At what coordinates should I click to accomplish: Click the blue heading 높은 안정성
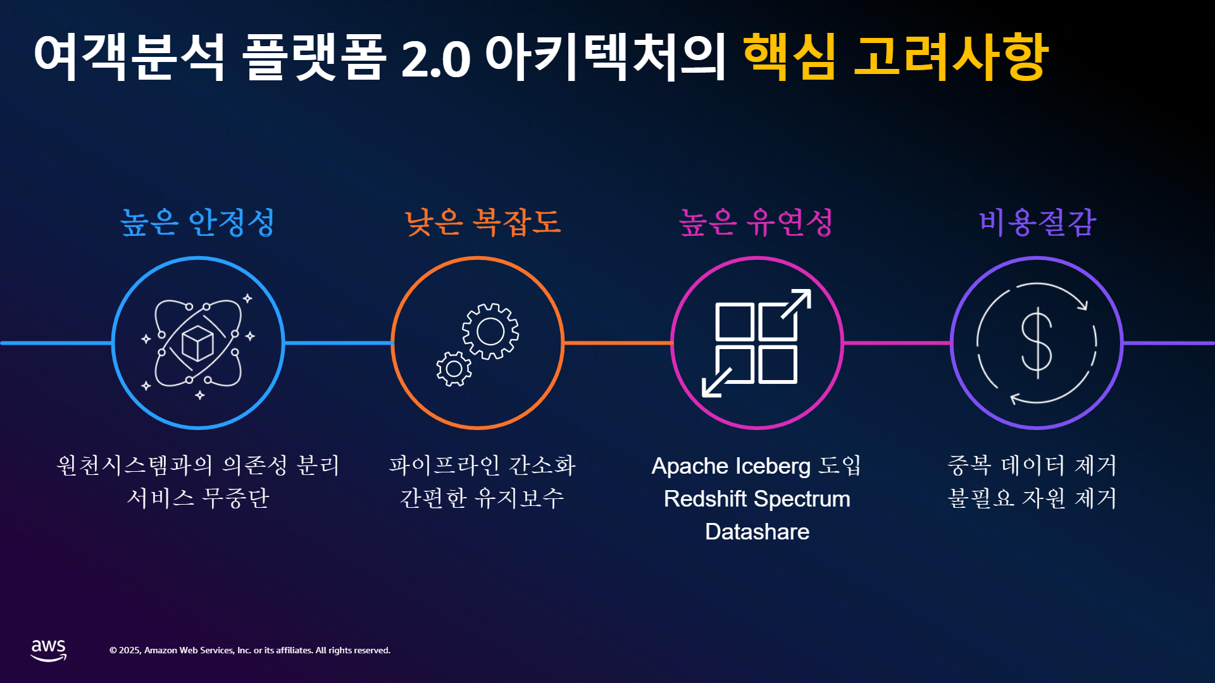pos(197,223)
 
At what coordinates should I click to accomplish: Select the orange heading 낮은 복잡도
pos(483,223)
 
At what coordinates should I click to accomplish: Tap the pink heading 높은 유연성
pos(756,223)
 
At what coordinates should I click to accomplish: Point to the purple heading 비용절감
pos(1037,223)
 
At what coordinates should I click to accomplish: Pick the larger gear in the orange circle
pos(490,331)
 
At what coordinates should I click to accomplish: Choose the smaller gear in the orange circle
pos(454,369)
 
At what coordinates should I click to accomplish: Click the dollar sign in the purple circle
pos(1037,343)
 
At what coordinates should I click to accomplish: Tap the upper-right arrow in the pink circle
pos(796,304)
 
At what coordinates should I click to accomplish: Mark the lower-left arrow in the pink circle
pos(717,383)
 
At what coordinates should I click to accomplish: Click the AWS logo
pos(49,650)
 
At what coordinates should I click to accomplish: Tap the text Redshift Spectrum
pos(757,499)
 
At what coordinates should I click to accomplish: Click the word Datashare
pos(757,532)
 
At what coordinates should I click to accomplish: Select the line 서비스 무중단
pos(198,498)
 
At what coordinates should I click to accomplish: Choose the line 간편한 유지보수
pos(482,498)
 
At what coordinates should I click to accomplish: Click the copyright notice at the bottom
pos(250,650)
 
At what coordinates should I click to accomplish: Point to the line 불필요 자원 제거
pos(1032,498)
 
